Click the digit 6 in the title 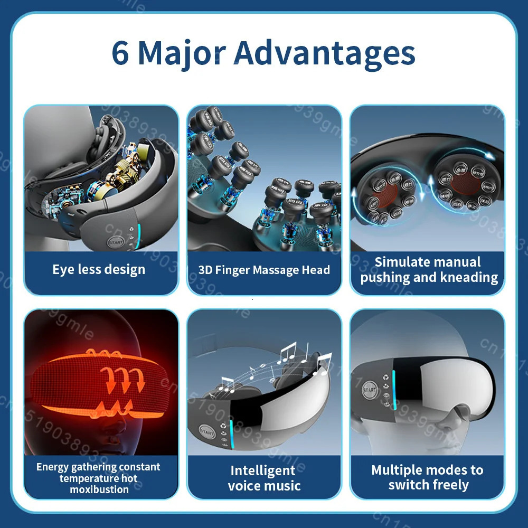pyautogui.click(x=120, y=54)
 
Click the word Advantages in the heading pyautogui.click(x=324, y=54)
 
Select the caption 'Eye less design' pyautogui.click(x=99, y=270)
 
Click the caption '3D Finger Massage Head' pyautogui.click(x=264, y=270)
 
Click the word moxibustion pyautogui.click(x=99, y=489)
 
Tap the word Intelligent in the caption pyautogui.click(x=262, y=470)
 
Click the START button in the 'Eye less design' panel pyautogui.click(x=116, y=243)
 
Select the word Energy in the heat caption pyautogui.click(x=54, y=467)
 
